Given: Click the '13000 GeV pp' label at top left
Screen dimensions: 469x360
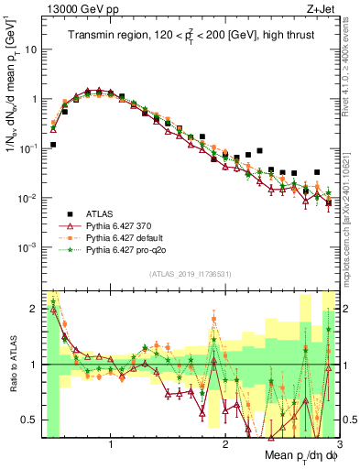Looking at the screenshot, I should (74, 10).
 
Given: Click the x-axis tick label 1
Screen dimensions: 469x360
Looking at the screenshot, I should (111, 443).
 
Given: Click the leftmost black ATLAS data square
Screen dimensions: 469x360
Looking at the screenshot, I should (53, 145).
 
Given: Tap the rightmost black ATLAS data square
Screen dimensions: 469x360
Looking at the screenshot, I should (317, 172).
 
